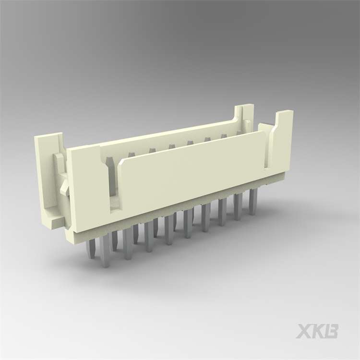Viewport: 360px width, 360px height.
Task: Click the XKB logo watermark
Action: point(317,331)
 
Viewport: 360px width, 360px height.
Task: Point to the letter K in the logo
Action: point(318,331)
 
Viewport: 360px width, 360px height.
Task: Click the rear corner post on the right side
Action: point(246,115)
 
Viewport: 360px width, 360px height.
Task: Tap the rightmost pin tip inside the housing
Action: point(224,137)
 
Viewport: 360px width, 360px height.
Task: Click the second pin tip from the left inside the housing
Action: point(152,152)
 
